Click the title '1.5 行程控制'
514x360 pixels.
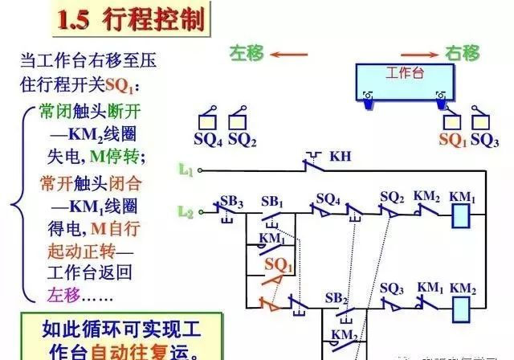point(132,18)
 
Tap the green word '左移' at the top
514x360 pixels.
point(247,54)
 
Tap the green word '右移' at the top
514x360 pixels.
point(462,54)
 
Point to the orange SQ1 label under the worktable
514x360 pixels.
point(453,140)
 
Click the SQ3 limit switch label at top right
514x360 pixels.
point(485,140)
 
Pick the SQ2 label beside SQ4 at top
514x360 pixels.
point(242,140)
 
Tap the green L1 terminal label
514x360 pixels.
point(186,170)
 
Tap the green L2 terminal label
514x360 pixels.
point(186,213)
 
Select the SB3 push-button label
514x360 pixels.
point(232,200)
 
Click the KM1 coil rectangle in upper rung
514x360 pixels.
point(462,215)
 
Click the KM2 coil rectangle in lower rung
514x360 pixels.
point(462,306)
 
